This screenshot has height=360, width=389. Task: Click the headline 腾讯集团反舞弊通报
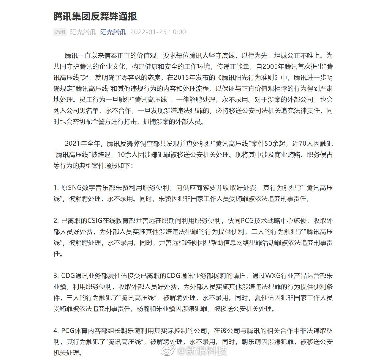pos(95,16)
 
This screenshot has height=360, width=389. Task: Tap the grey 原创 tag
pos(60,32)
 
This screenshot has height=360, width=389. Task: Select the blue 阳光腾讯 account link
pos(113,32)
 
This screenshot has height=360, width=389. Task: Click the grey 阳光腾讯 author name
pos(83,32)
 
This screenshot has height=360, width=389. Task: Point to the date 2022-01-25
pos(147,32)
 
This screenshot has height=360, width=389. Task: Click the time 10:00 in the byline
pos(177,32)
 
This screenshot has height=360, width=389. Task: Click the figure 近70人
pos(302,144)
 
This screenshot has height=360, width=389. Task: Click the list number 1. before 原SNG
pos(56,188)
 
